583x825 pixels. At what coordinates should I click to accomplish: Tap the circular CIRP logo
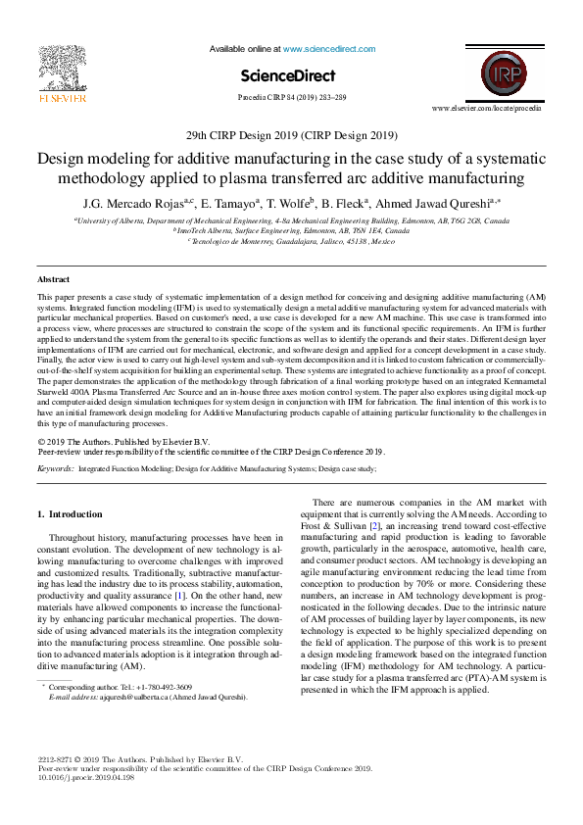[501, 75]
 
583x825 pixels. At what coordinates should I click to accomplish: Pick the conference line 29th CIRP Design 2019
[291, 136]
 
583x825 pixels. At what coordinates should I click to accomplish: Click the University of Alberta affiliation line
[291, 223]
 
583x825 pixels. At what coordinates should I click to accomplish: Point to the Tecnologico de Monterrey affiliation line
[291, 241]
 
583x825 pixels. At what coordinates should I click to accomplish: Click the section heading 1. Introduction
[75, 514]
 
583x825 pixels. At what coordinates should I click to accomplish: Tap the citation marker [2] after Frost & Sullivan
[373, 526]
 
